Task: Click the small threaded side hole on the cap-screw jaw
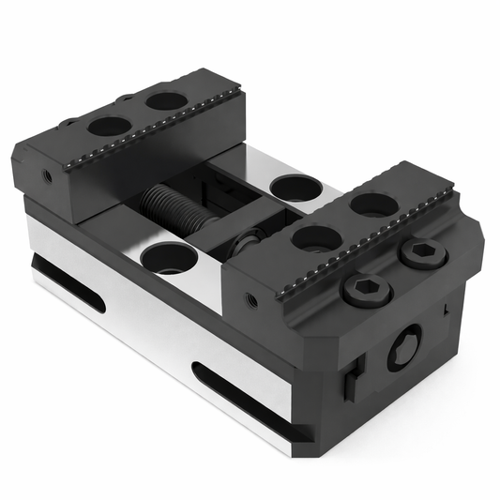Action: click(250, 301)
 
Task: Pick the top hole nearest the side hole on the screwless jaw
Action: click(111, 126)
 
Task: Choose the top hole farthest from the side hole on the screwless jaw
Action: click(166, 99)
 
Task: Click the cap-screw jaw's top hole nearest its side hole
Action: click(315, 237)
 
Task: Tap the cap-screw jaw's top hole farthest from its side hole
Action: click(373, 203)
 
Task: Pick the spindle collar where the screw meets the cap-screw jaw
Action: click(245, 246)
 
